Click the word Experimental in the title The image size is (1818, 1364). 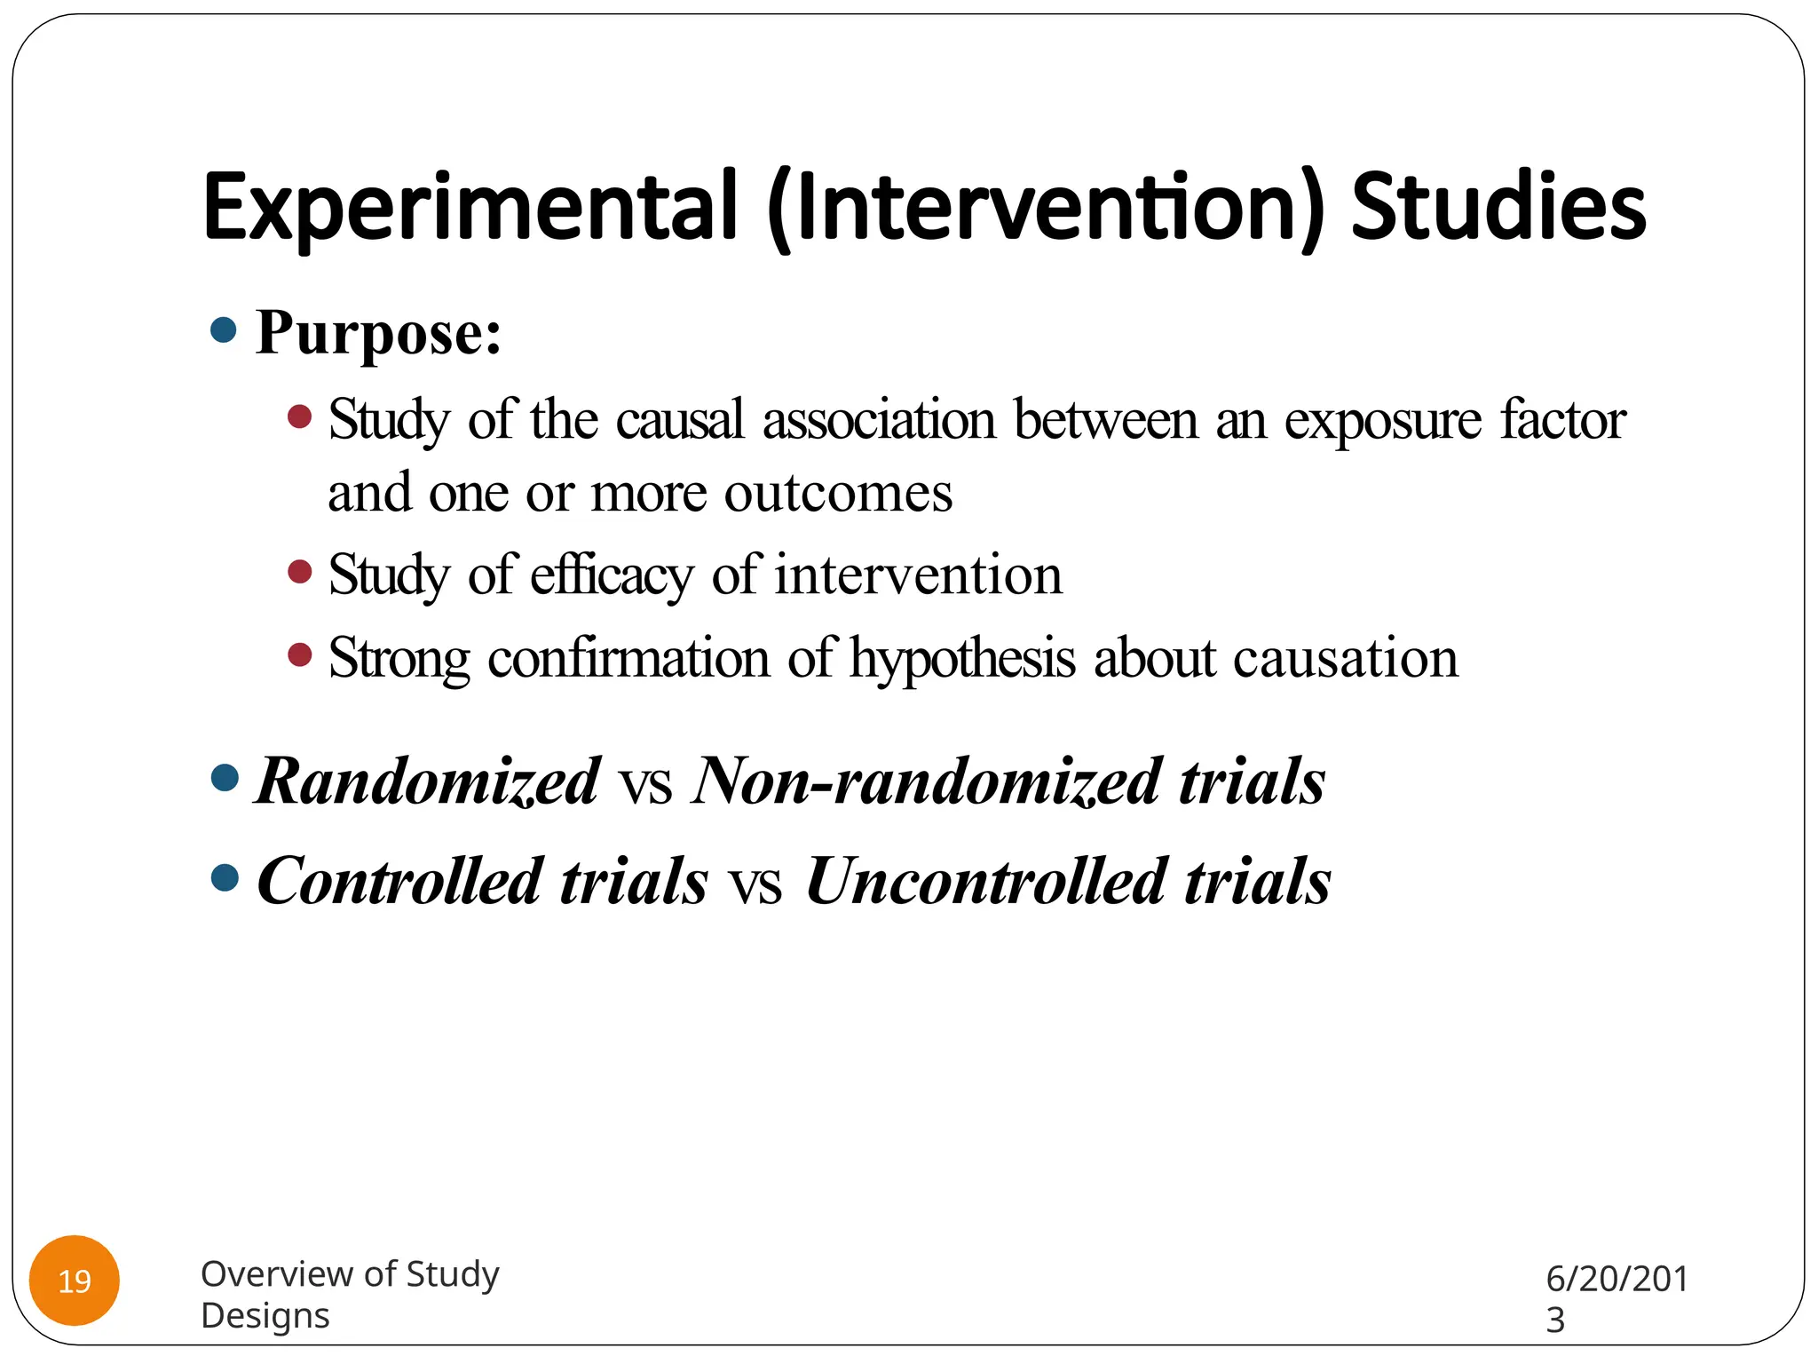click(x=470, y=206)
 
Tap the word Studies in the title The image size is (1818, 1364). click(x=1498, y=206)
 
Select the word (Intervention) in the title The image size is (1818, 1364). click(x=1046, y=206)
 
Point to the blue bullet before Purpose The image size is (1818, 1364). click(x=225, y=330)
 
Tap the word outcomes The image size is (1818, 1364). click(x=838, y=492)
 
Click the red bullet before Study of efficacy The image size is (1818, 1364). click(x=300, y=571)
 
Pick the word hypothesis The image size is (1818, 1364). click(x=962, y=659)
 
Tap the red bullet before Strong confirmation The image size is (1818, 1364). click(x=300, y=655)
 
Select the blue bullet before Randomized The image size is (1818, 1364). click(x=225, y=779)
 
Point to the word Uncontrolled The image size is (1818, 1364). click(x=985, y=881)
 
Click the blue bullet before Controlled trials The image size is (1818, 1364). click(x=225, y=878)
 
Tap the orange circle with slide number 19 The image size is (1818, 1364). click(x=75, y=1281)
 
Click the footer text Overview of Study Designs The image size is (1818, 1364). click(x=350, y=1294)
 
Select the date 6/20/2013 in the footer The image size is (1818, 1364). click(x=1616, y=1298)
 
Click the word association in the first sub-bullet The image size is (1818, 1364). click(x=879, y=419)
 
